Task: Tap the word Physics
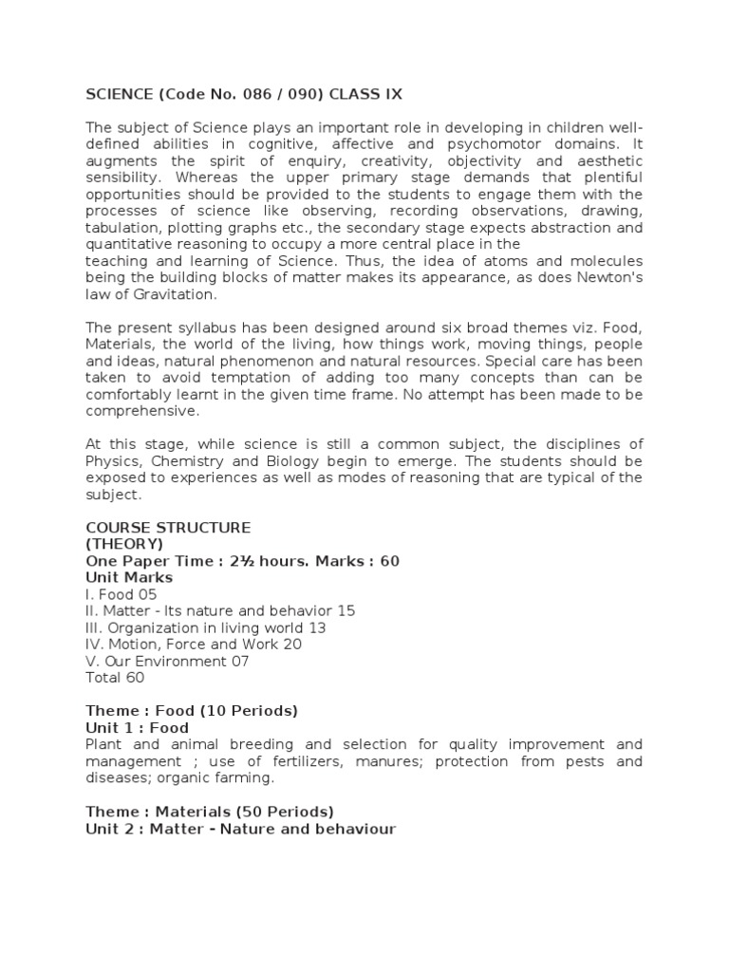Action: coord(110,460)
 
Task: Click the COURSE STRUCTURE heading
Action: coord(168,527)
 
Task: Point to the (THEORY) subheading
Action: coord(124,544)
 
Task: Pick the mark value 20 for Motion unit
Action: coord(291,645)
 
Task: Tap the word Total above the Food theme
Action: coord(103,678)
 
